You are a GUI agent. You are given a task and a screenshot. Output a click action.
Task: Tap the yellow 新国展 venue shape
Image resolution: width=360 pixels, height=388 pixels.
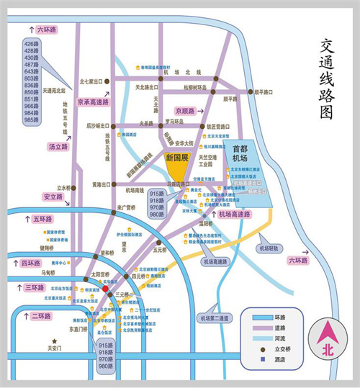176,168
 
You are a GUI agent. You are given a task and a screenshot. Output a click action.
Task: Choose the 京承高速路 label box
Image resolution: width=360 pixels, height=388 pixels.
94,103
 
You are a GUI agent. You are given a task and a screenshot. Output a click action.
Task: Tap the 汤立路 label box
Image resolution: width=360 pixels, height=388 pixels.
58,146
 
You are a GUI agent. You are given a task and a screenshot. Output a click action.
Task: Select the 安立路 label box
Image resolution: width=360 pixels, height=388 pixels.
53,197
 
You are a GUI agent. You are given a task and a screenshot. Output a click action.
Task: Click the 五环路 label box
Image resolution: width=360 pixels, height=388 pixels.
48,218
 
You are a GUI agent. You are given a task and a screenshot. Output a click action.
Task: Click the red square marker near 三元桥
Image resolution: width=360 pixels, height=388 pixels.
105,288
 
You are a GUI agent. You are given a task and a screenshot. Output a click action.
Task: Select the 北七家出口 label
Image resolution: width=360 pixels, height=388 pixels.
92,81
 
